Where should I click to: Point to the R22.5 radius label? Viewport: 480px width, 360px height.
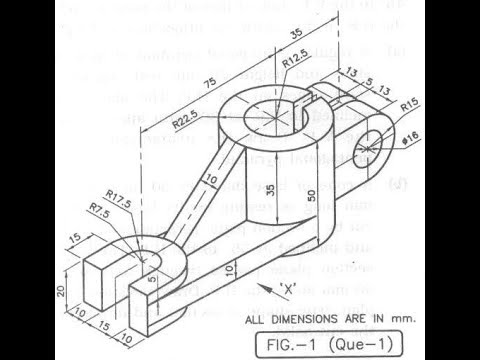pos(182,122)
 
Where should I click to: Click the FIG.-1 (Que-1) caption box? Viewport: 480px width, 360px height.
pos(326,341)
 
